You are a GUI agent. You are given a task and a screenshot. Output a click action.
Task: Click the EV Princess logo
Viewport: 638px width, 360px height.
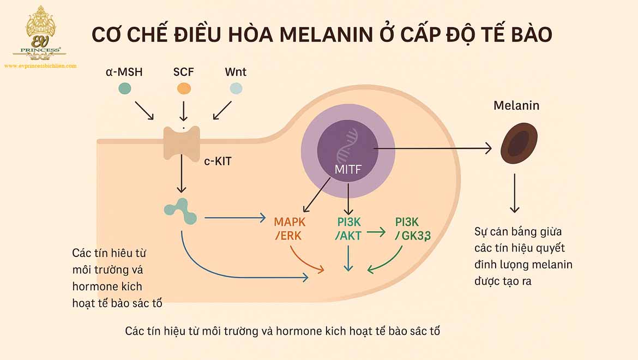click(x=39, y=33)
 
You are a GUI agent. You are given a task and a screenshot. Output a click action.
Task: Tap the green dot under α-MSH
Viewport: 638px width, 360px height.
click(x=125, y=88)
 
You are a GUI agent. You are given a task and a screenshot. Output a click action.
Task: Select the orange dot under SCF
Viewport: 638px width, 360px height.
click(x=184, y=88)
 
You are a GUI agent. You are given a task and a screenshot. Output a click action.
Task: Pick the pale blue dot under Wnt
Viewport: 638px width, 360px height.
click(x=236, y=88)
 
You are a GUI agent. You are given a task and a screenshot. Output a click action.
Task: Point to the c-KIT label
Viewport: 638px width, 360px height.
click(x=218, y=161)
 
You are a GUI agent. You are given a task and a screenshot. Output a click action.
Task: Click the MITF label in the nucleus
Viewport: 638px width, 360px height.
click(x=348, y=169)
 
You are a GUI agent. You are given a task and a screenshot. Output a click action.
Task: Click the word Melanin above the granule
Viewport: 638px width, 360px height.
click(x=516, y=105)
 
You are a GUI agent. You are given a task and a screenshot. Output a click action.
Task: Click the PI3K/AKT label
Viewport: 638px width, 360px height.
click(x=349, y=229)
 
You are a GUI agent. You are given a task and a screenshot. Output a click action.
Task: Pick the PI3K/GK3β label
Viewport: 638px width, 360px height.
click(x=412, y=229)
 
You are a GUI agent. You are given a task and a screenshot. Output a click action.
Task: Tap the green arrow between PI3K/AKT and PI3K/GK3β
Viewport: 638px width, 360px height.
click(x=376, y=232)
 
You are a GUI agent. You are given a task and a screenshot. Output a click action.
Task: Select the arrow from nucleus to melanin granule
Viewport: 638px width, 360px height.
click(x=431, y=147)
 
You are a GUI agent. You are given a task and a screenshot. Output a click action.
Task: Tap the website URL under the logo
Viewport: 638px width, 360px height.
click(x=40, y=65)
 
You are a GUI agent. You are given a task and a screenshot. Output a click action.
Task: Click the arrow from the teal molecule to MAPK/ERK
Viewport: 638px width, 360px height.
click(x=234, y=219)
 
